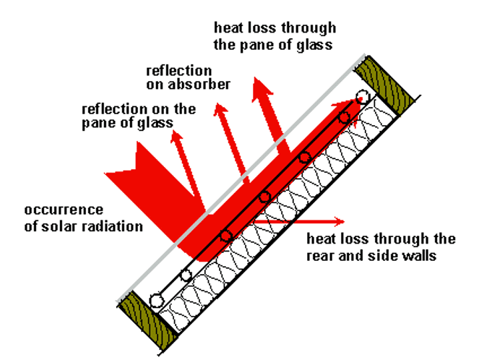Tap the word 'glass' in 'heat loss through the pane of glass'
coord(315,46)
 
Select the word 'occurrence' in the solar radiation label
coord(64,210)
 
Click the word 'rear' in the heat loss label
coord(321,257)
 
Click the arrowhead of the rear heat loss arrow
coord(340,221)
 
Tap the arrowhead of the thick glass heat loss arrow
coord(262,89)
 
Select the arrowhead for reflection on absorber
coord(220,109)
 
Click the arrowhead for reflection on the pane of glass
coord(176,136)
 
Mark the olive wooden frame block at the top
coord(384,85)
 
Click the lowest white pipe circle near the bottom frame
coord(156,301)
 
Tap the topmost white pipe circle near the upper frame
coord(363,96)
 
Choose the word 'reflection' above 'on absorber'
coord(178,71)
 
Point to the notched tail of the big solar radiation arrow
coord(137,168)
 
